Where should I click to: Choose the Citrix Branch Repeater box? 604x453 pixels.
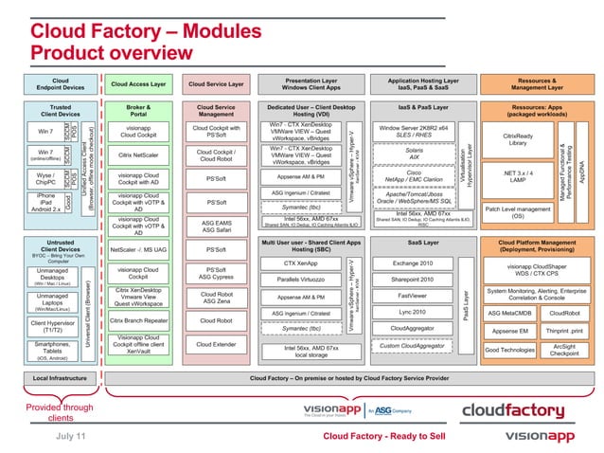tap(140, 321)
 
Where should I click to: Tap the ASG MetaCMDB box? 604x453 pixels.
tap(510, 313)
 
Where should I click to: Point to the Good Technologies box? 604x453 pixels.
tap(510, 350)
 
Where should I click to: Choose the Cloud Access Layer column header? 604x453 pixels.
tap(140, 83)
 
